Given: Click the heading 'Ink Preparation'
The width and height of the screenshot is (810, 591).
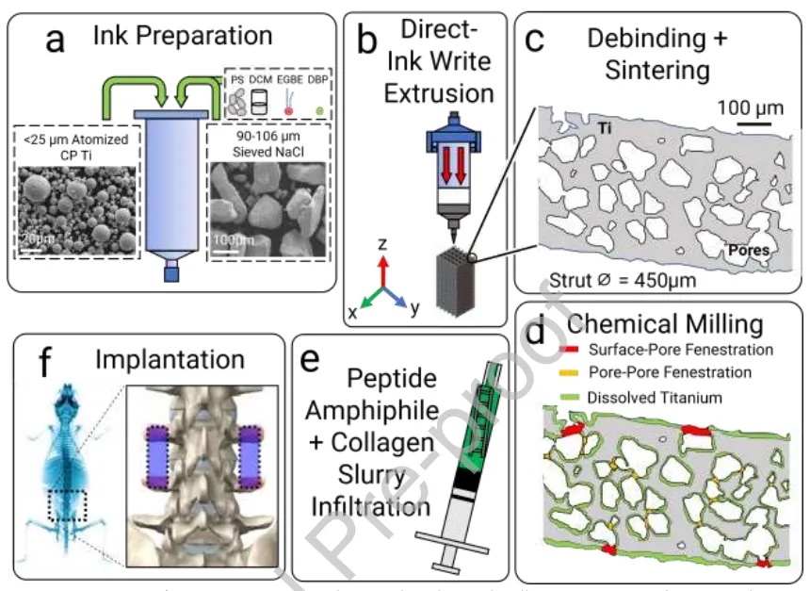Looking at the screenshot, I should pyautogui.click(x=183, y=37).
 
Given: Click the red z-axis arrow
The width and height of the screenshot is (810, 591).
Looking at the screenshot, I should pyautogui.click(x=382, y=265).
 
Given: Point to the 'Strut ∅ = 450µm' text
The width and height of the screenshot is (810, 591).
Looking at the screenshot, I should pyautogui.click(x=625, y=280).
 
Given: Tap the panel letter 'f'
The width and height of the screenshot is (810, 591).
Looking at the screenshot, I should pyautogui.click(x=44, y=362).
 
